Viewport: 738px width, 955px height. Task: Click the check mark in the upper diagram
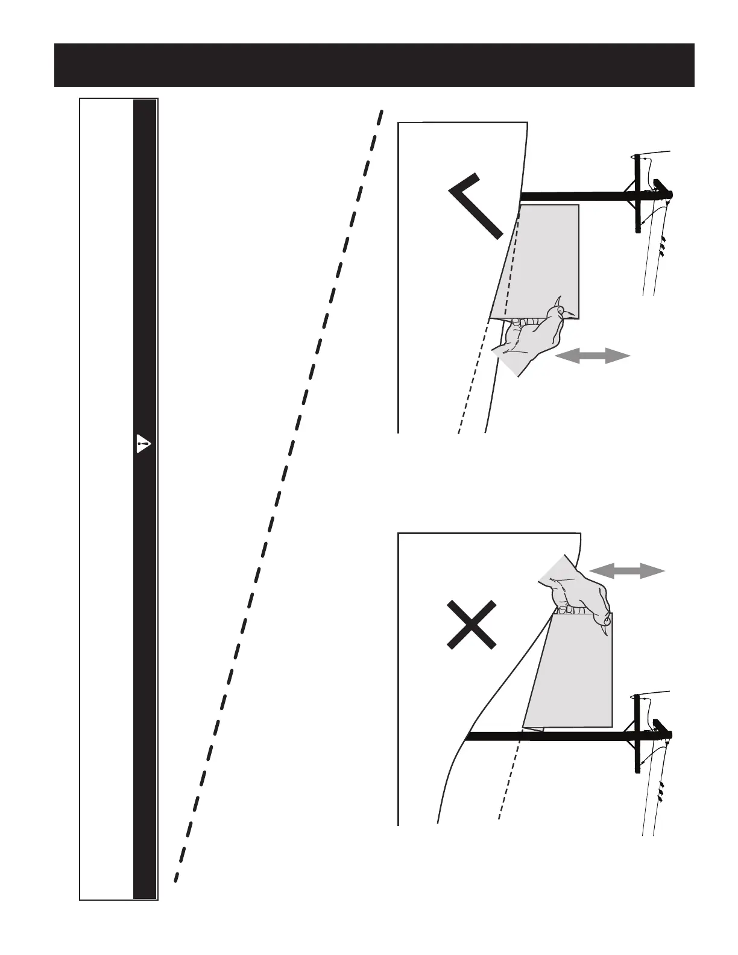point(476,205)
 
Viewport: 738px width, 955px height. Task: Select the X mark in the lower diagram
point(473,625)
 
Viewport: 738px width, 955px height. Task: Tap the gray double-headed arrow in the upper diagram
point(592,356)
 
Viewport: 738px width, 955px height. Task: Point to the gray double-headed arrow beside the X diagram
point(626,570)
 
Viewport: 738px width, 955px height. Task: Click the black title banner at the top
point(374,65)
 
